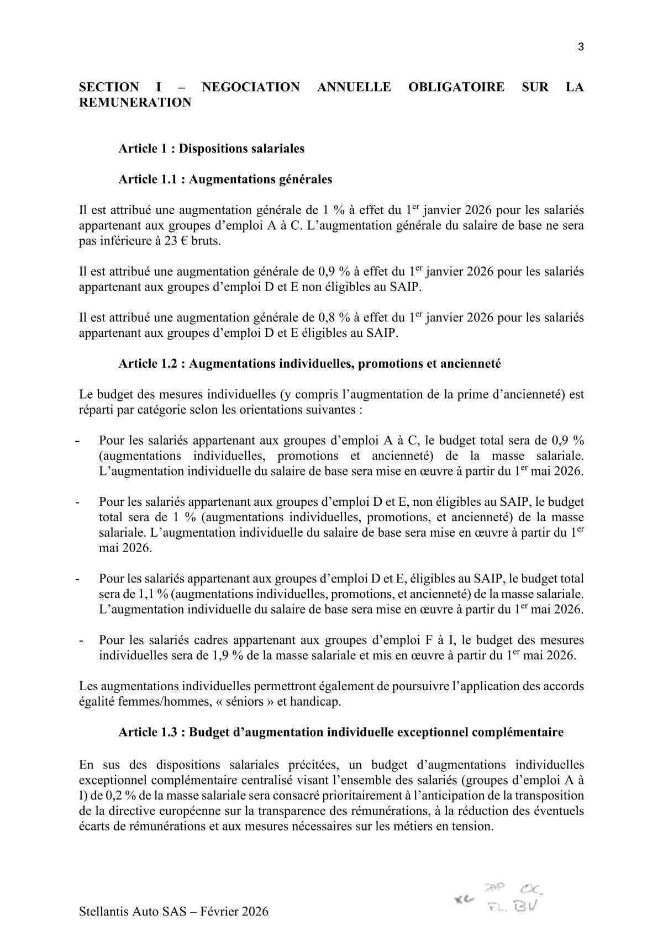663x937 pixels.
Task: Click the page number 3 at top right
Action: (581, 47)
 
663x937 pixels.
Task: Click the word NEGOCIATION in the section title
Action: (251, 87)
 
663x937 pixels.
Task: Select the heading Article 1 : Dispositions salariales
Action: (211, 149)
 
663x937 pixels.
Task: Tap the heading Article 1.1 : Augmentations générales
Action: (225, 179)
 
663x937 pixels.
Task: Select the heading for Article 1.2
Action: (309, 364)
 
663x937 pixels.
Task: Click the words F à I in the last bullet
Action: (439, 640)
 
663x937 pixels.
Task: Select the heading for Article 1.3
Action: (341, 732)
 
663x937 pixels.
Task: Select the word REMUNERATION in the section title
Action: (135, 103)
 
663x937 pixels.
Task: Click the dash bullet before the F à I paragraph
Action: (82, 641)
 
